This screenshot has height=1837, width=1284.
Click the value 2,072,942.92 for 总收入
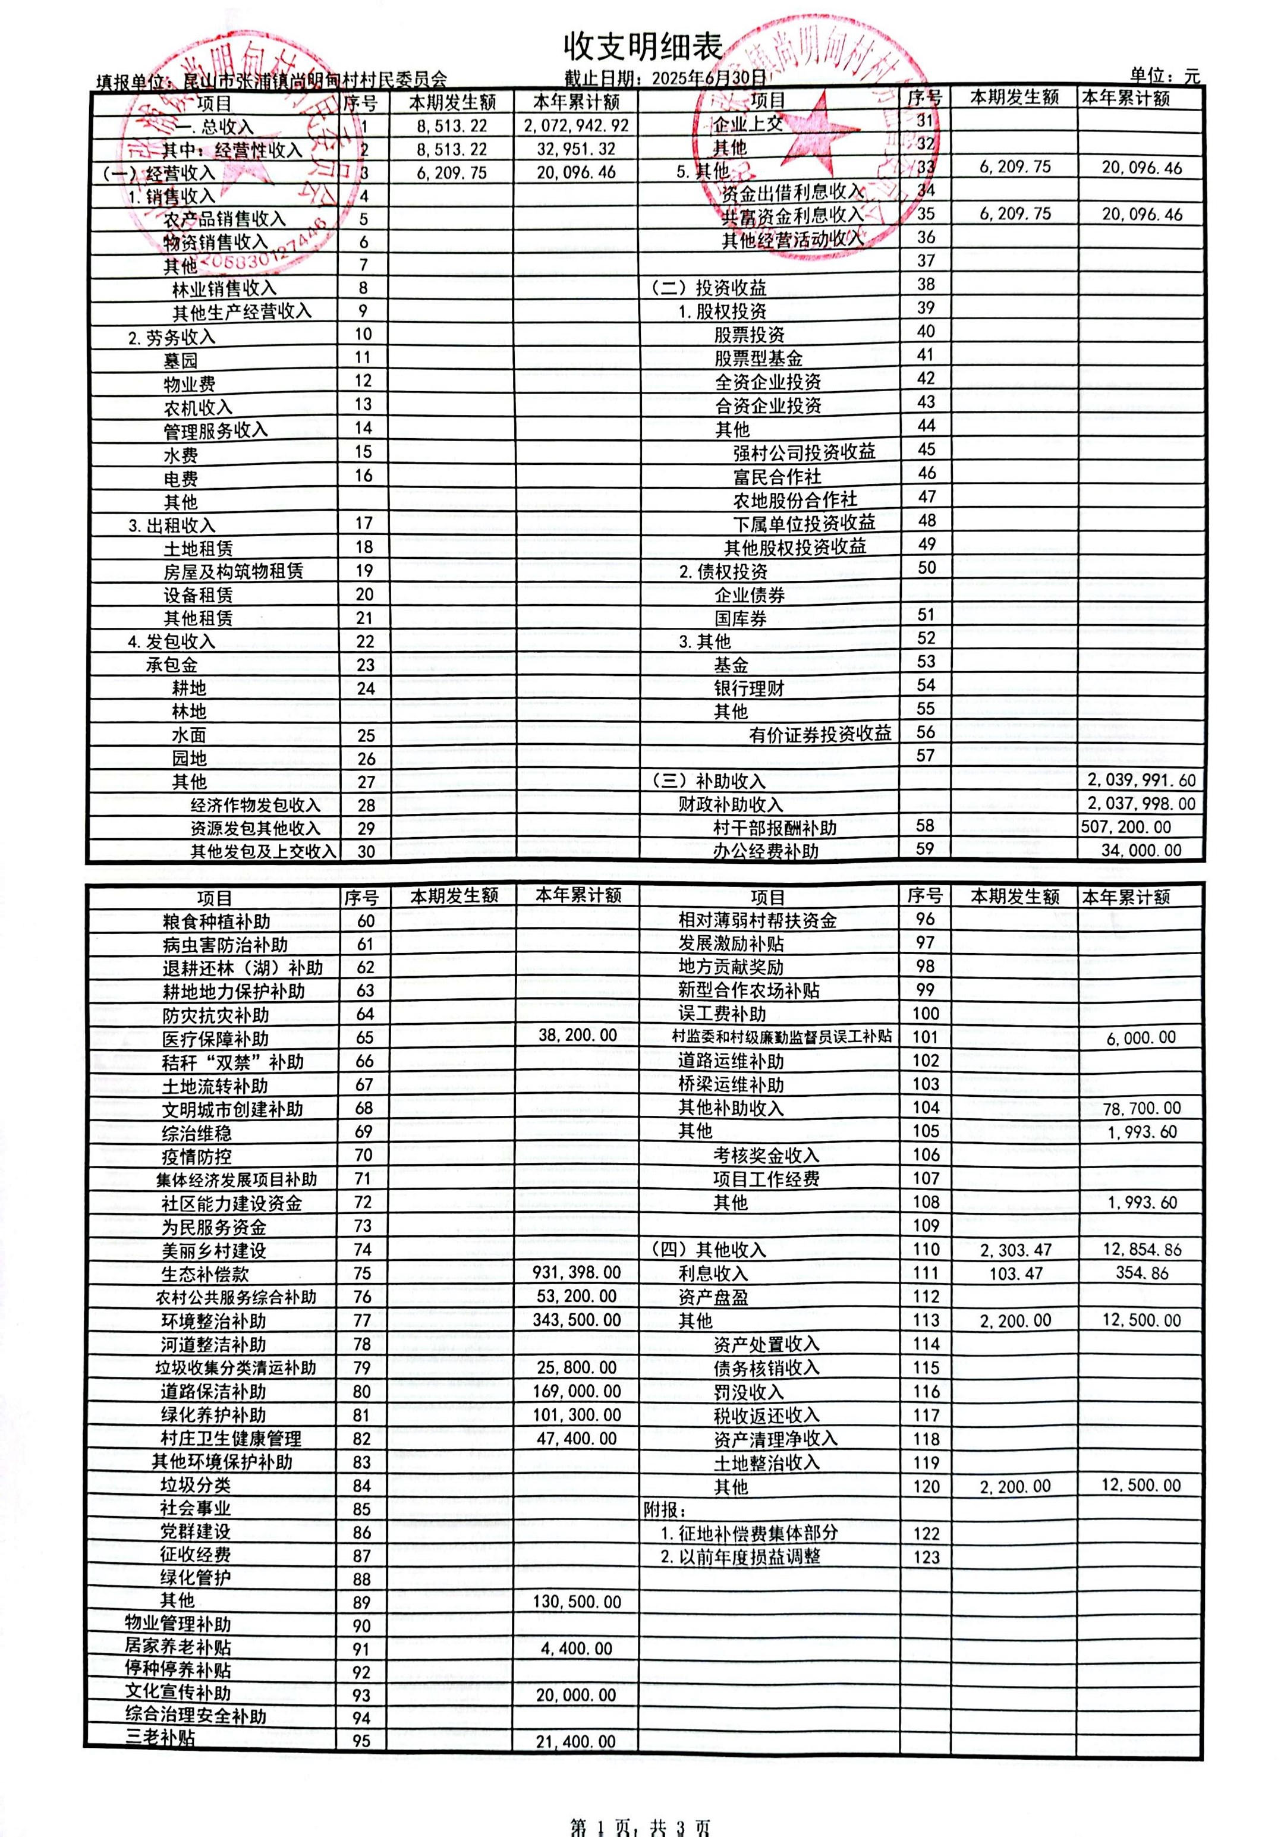pos(576,125)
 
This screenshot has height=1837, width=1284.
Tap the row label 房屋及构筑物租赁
pos(234,571)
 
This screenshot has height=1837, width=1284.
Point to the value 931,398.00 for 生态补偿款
pos(576,1272)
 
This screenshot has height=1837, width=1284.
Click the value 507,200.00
pos(1126,826)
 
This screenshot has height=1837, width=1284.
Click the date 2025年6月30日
pos(708,78)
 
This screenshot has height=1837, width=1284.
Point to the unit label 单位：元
pos(1165,76)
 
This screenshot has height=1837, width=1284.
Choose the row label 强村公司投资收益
pos(804,452)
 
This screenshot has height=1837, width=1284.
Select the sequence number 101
pos(926,1037)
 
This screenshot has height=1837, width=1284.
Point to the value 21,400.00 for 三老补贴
pos(576,1742)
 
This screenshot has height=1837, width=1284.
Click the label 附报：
pos(665,1510)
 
